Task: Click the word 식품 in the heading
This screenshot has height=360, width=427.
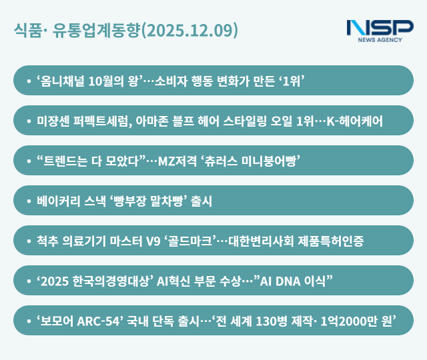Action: click(25, 31)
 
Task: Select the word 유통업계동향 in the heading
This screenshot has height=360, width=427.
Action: click(96, 31)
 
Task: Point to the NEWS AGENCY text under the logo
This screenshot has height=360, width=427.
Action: click(380, 40)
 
